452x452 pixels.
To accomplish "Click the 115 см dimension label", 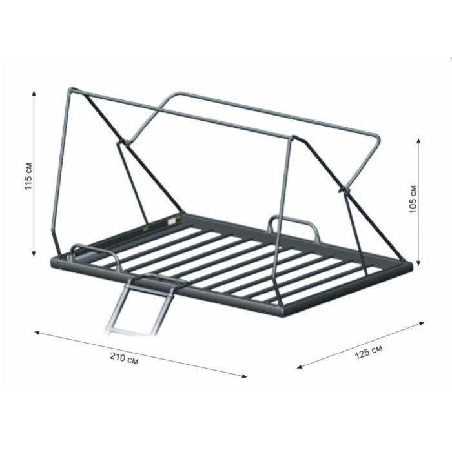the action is [29, 176].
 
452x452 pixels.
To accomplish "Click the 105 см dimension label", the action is [413, 199].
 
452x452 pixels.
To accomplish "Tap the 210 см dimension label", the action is [124, 358].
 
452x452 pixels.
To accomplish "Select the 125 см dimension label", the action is [369, 352].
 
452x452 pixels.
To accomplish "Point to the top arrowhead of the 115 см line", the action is [34, 93].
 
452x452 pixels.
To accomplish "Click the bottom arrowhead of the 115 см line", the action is [34, 253].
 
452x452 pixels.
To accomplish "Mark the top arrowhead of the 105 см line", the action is [418, 141].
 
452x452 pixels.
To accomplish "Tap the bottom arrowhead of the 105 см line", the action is [418, 263].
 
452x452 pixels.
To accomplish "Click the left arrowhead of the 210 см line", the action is [37, 333].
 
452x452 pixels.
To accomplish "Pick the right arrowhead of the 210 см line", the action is [244, 376].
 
